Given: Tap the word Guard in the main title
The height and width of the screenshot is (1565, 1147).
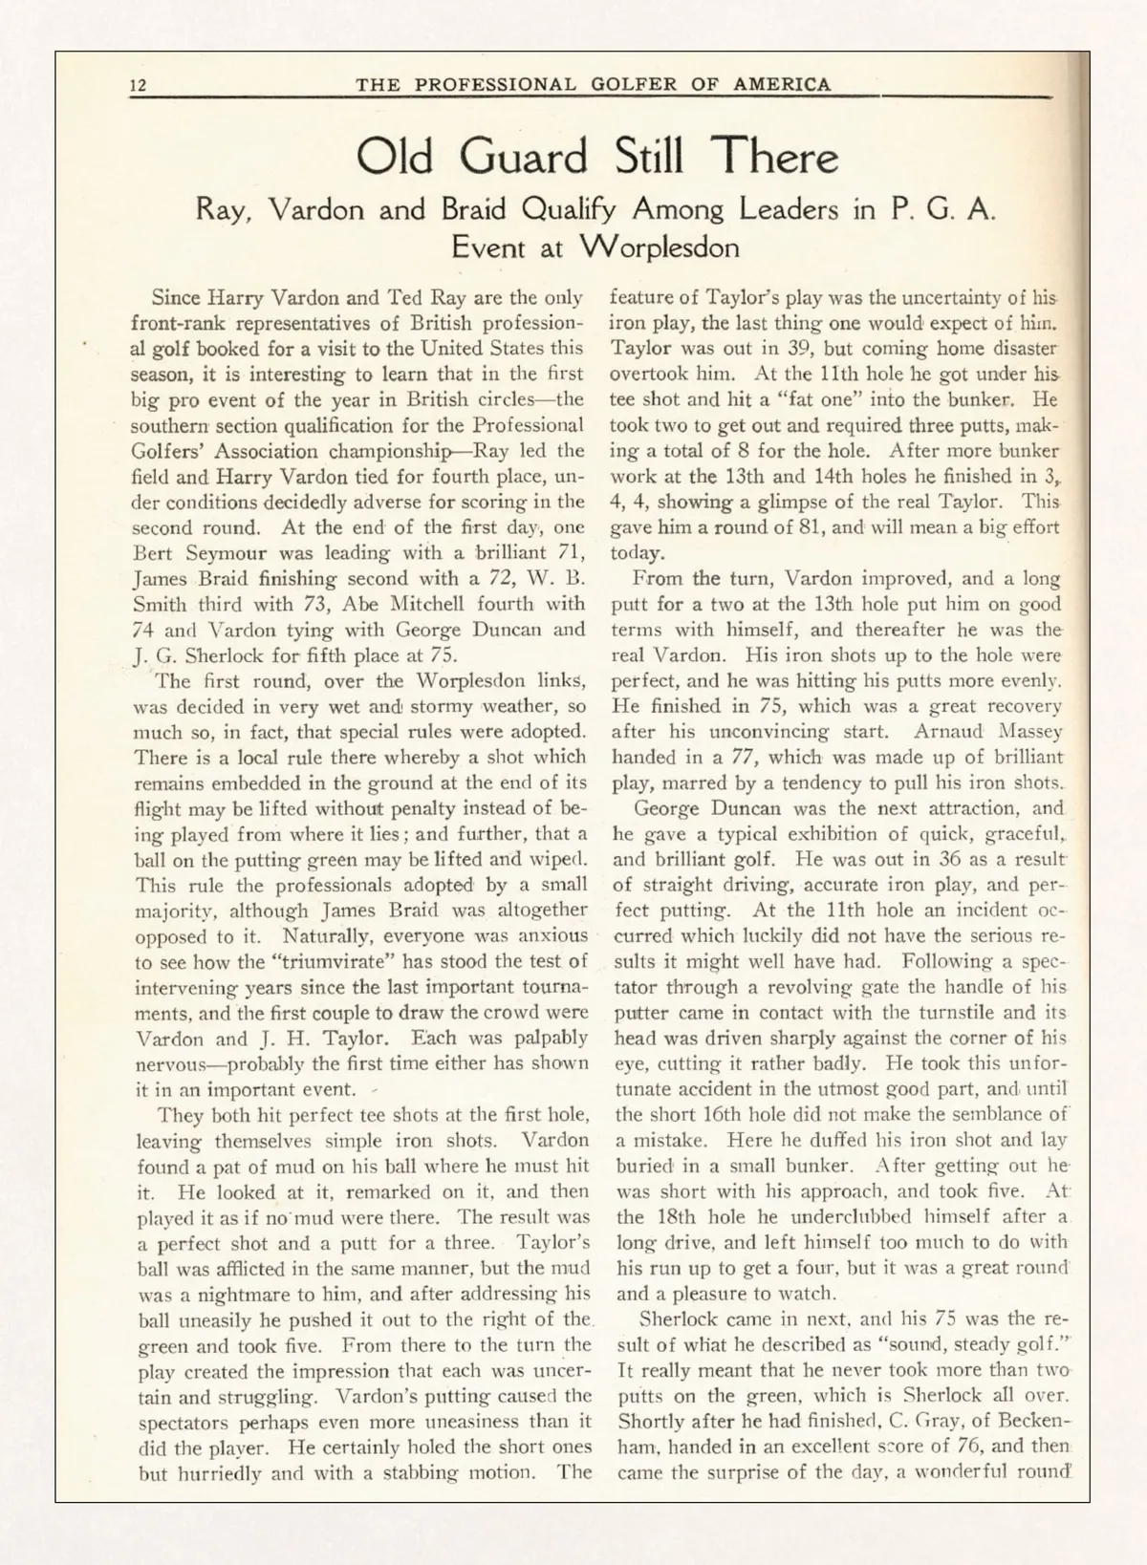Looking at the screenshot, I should [523, 158].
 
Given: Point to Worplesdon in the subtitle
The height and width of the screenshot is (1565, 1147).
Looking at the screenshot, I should [660, 247].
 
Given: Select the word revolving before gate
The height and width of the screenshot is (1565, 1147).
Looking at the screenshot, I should [807, 987].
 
